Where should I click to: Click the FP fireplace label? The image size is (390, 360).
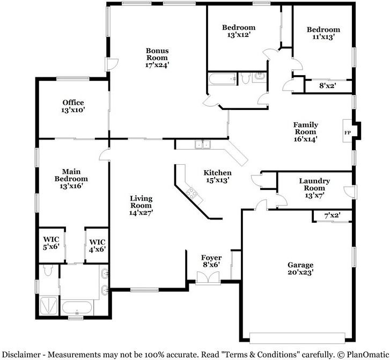coord(348,133)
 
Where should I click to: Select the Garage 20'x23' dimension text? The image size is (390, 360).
coord(300,273)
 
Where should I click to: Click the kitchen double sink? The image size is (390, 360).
coord(203,144)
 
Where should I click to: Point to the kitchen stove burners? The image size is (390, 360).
coord(192,193)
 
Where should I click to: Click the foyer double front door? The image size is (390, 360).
coord(208,277)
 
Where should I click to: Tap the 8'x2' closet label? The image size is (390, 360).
coord(328,86)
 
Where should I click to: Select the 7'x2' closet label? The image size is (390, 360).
coord(332,215)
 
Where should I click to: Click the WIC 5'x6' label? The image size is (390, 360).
coord(51,243)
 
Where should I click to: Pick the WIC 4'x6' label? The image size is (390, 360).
coord(97,246)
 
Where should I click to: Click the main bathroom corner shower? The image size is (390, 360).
coord(49,305)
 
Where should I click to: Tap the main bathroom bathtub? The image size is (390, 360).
coord(77,308)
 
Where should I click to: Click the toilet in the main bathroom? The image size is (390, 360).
coord(48,270)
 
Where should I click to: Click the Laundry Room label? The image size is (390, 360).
coord(314,185)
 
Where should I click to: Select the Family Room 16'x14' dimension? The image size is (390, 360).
coord(305,139)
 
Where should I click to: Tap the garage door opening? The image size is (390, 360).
coord(297,338)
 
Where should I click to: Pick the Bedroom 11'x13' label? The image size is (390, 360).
coord(323,33)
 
